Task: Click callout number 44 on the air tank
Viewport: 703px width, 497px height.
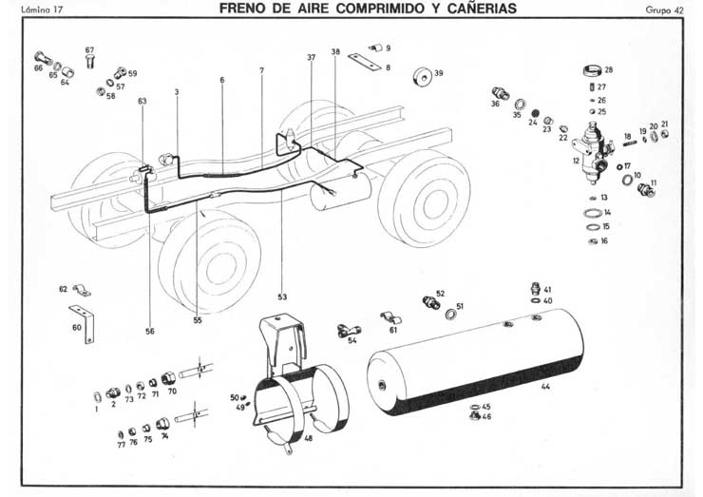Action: [x=545, y=388]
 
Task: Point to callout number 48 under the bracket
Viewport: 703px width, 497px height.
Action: [x=308, y=440]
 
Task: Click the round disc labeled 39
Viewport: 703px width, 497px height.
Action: [x=419, y=75]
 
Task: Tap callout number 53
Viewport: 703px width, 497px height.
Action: [x=282, y=296]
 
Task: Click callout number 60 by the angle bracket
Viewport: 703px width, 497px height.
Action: [x=77, y=327]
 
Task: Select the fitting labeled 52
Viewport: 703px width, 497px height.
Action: [x=427, y=304]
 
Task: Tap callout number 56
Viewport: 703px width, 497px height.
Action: [x=149, y=332]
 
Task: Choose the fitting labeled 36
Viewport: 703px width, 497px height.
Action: [x=498, y=93]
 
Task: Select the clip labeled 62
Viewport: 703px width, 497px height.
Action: [x=81, y=288]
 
